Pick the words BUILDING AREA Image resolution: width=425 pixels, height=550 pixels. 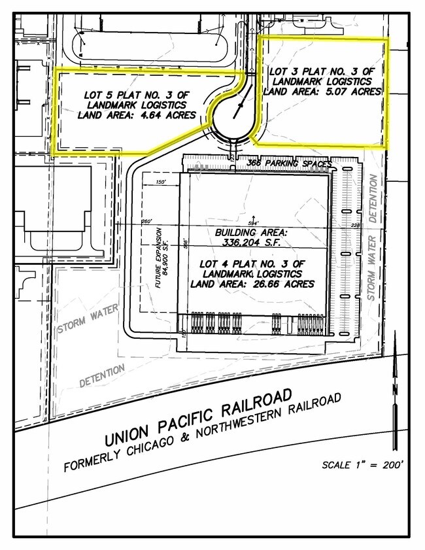(x=252, y=232)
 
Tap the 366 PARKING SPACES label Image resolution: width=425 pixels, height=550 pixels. (x=289, y=163)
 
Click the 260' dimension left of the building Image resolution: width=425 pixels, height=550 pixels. (x=146, y=222)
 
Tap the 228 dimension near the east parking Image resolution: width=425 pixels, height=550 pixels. (x=356, y=226)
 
